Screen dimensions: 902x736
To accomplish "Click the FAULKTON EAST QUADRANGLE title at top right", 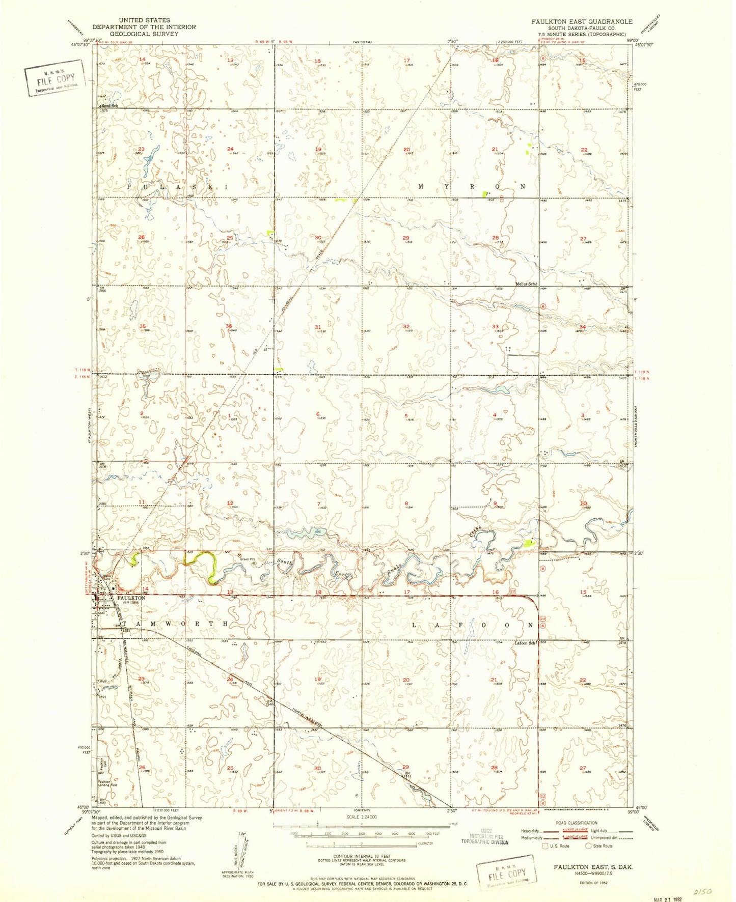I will coord(582,21).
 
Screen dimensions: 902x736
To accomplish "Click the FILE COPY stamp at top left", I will coord(56,79).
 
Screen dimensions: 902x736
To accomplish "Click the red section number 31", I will coord(318,327).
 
